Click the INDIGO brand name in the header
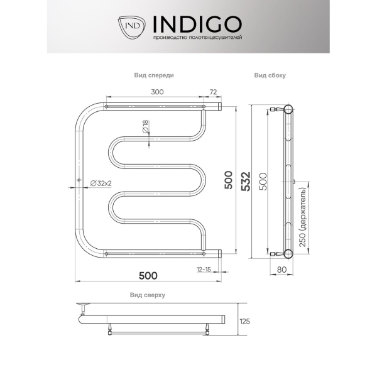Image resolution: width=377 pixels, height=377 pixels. click(197, 25)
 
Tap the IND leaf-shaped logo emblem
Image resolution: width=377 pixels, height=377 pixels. click(131, 28)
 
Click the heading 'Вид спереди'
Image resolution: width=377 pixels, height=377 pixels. click(154, 75)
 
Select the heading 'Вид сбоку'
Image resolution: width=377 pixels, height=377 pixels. click(270, 75)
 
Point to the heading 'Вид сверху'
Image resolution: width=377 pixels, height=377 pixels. click(148, 295)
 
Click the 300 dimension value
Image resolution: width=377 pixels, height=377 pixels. click(157, 92)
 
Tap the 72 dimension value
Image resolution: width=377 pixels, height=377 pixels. click(213, 92)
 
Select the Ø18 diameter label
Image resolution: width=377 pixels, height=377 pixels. click(146, 126)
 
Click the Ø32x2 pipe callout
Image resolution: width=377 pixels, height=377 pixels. click(101, 183)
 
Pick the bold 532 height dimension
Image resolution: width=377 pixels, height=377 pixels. click(246, 182)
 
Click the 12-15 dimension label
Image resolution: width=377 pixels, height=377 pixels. click(204, 270)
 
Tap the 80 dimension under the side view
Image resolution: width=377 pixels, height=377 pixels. click(281, 270)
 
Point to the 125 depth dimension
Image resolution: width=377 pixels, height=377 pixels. click(245, 321)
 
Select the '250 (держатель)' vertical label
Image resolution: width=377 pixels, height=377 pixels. click(302, 217)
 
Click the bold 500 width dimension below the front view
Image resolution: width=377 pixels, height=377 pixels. click(148, 276)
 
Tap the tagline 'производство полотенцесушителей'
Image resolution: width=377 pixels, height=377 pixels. click(197, 38)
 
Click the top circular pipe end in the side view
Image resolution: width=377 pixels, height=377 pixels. click(288, 109)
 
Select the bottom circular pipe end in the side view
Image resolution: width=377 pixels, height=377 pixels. click(288, 254)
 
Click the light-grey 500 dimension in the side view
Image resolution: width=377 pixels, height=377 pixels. click(263, 182)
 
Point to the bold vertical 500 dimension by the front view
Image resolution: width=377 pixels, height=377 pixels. click(229, 180)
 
